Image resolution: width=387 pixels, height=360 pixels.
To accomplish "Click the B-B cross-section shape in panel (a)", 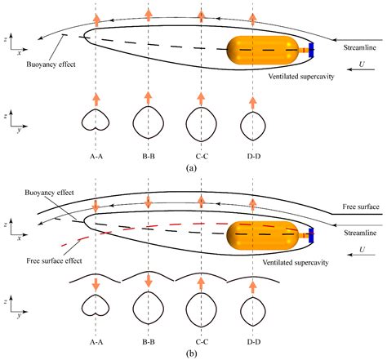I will [148, 122].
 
